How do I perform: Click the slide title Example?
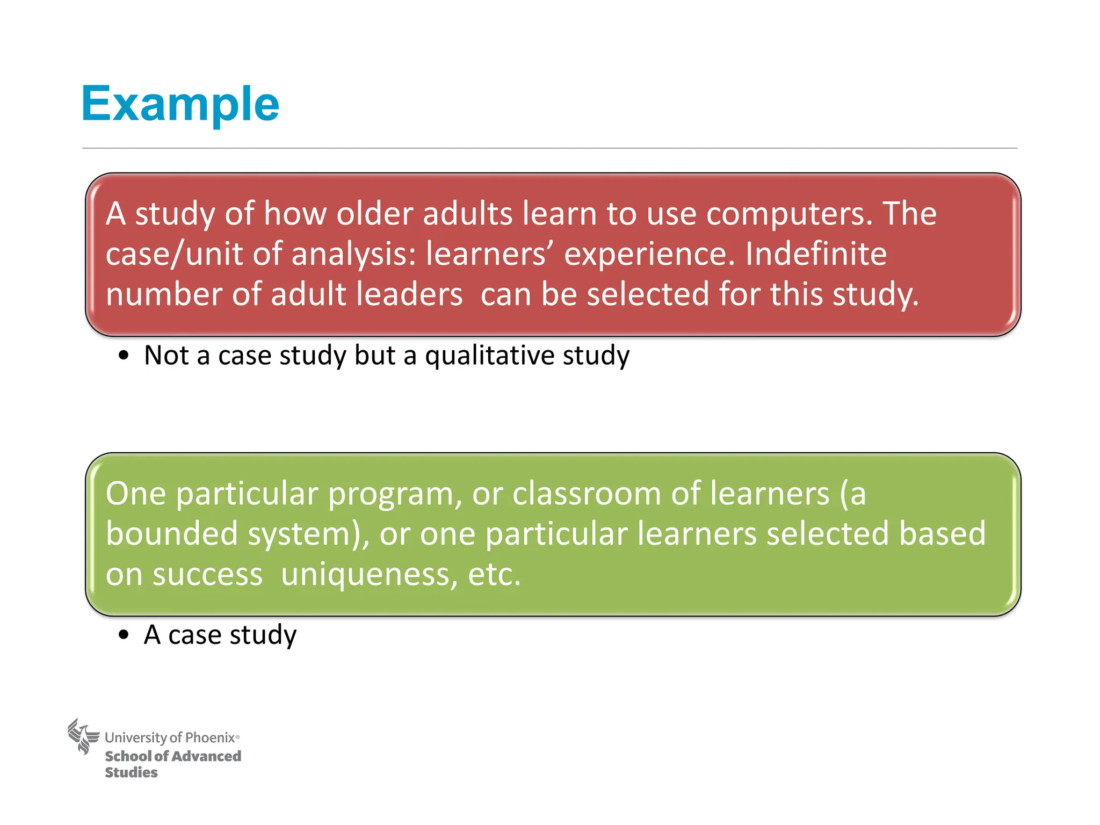click(x=180, y=104)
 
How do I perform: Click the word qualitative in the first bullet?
click(x=489, y=356)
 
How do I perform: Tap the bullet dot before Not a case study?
click(x=124, y=356)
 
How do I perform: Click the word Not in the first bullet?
click(x=167, y=356)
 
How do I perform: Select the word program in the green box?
click(x=391, y=494)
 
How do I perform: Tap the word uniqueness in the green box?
click(x=369, y=574)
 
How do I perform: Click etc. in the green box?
click(x=494, y=574)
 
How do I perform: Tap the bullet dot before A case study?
click(x=124, y=635)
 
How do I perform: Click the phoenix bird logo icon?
click(x=84, y=736)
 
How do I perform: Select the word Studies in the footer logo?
click(x=132, y=772)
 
